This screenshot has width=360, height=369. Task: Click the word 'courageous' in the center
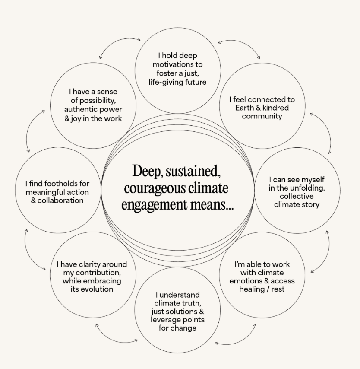150,188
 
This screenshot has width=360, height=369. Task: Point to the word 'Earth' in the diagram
245,108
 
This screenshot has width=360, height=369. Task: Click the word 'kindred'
275,108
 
